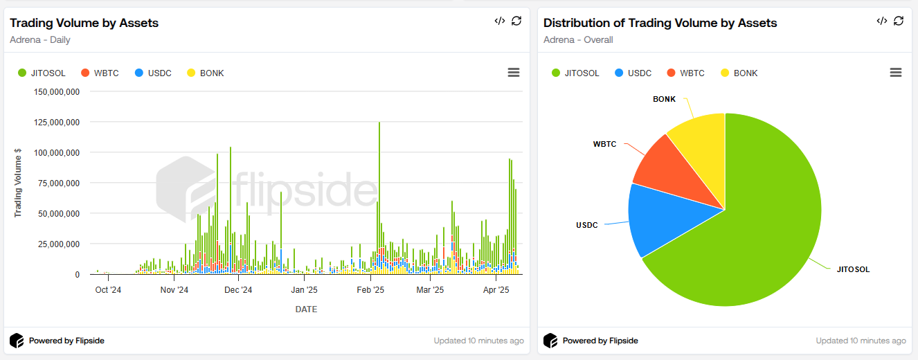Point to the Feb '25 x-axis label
click(x=370, y=290)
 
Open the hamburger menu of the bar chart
click(x=513, y=73)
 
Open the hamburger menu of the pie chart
click(x=895, y=73)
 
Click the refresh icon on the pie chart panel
click(x=899, y=21)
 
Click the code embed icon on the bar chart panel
click(x=499, y=21)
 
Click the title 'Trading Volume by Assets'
click(x=84, y=23)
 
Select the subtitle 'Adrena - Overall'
click(x=578, y=39)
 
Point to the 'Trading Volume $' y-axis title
click(x=18, y=183)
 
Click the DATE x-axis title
click(x=306, y=309)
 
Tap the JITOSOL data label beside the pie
click(x=853, y=269)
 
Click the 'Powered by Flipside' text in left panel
click(x=66, y=341)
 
